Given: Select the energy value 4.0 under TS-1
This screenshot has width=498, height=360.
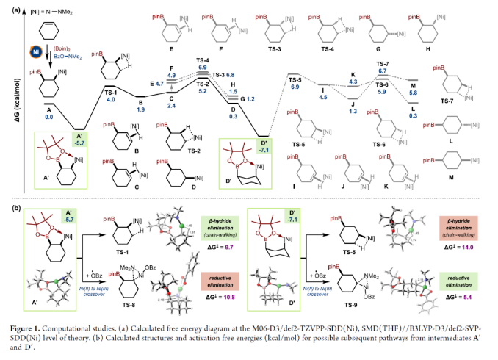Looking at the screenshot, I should pyautogui.click(x=111, y=98).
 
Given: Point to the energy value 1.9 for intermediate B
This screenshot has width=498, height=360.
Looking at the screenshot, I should pyautogui.click(x=141, y=109).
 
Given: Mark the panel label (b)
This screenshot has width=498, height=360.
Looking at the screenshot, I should pyautogui.click(x=16, y=209).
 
